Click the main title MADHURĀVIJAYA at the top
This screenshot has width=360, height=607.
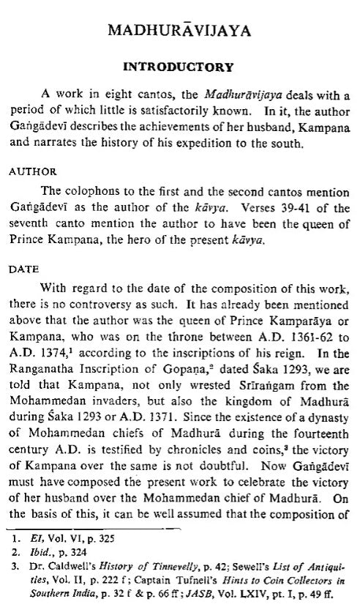click(179, 31)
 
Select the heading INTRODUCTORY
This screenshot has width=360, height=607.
click(179, 67)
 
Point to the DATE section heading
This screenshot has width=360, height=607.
click(23, 269)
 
